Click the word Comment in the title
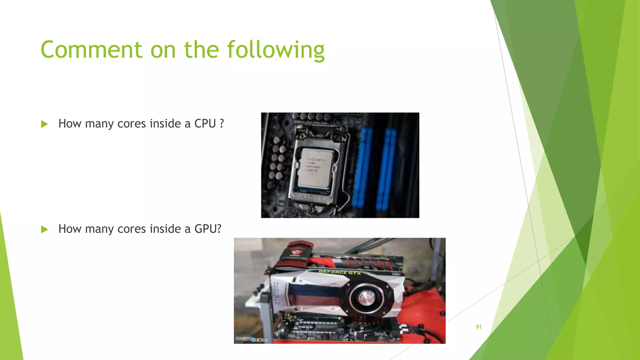coord(92,50)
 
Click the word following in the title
coord(276,50)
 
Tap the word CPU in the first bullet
coord(205,124)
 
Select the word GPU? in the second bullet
coord(208,229)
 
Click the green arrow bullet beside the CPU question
coord(44,124)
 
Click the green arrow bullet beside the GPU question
coord(44,229)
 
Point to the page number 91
coord(478,327)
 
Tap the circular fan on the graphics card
coord(366,298)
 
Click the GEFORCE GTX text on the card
coord(340,272)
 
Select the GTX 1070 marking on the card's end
coord(276,294)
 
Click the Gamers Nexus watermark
coord(252,339)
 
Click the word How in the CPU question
coord(70,124)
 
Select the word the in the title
coord(201,50)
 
